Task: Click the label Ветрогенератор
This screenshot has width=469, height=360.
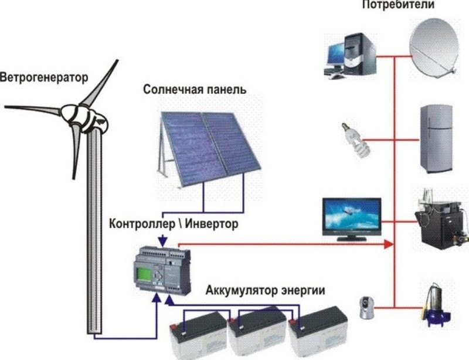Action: coord(43,77)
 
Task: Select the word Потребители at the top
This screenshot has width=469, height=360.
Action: coord(406,5)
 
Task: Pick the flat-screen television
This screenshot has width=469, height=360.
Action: coord(352,216)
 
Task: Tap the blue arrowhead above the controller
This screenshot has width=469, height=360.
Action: coord(162,240)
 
